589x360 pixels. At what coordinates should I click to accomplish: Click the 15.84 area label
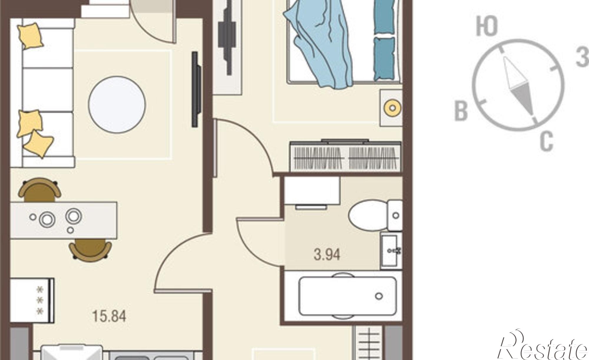tap(109, 316)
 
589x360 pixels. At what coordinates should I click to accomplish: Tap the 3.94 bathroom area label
tap(327, 255)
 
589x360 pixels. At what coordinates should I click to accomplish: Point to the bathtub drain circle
tap(379, 296)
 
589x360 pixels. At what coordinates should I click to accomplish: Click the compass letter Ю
tap(487, 26)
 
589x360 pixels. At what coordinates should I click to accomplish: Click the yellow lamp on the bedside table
tap(393, 108)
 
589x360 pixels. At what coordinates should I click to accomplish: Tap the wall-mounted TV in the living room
tap(196, 89)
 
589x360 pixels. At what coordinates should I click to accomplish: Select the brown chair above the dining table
tap(39, 190)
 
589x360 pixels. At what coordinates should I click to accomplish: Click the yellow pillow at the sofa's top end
tap(30, 36)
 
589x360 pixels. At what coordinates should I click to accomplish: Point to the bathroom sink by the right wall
tap(391, 250)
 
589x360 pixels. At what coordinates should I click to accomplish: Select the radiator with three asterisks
tap(32, 300)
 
